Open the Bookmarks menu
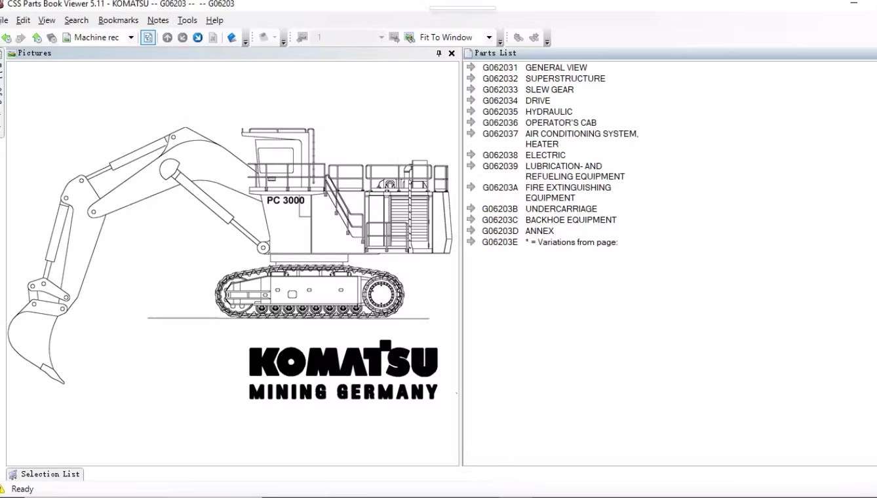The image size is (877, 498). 118,20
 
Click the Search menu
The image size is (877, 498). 76,20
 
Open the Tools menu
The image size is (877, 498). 187,20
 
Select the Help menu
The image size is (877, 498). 214,20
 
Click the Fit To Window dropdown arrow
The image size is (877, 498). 489,37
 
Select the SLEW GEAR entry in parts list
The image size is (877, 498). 549,90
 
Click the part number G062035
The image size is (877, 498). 500,111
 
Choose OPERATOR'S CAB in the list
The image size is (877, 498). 560,123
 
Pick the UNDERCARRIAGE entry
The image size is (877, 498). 561,208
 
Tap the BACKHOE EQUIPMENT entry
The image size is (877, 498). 571,220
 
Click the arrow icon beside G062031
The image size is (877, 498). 471,67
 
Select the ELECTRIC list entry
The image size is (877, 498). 545,155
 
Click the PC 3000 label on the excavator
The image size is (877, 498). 285,201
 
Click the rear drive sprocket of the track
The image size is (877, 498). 380,294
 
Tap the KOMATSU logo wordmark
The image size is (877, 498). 343,358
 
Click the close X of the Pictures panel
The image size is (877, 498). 452,53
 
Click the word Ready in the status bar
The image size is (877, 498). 22,489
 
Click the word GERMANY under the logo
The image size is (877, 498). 387,392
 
